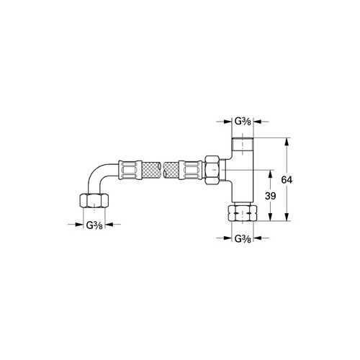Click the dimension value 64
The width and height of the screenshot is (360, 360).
(x=287, y=179)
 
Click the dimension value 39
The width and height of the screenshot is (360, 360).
(x=271, y=196)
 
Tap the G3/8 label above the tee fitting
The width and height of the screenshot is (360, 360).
(x=243, y=122)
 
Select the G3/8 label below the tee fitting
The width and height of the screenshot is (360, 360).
(x=243, y=238)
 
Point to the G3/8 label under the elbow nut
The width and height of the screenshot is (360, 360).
(x=94, y=225)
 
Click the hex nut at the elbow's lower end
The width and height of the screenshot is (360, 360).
(x=94, y=201)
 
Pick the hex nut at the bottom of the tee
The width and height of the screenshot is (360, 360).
(x=243, y=212)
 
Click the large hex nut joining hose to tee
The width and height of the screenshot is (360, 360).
(x=212, y=170)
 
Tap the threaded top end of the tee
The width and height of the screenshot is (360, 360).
(x=243, y=144)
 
